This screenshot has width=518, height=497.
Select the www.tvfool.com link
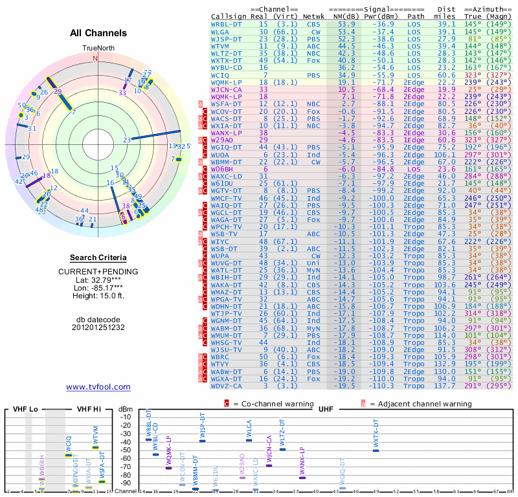pyautogui.click(x=98, y=387)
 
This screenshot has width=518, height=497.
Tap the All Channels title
pyautogui.click(x=98, y=33)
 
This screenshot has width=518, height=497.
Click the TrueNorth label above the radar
pyautogui.click(x=98, y=49)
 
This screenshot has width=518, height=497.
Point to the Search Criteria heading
pyautogui.click(x=98, y=258)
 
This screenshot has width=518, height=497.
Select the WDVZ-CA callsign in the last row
pyautogui.click(x=227, y=386)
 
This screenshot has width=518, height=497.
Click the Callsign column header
pyautogui.click(x=229, y=16)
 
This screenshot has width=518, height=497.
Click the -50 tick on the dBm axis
pyautogui.click(x=126, y=450)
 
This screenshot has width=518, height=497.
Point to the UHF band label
pyautogui.click(x=326, y=410)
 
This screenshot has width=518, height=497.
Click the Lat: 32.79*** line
pyautogui.click(x=98, y=280)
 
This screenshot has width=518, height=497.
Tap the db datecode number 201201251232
pyautogui.click(x=98, y=327)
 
